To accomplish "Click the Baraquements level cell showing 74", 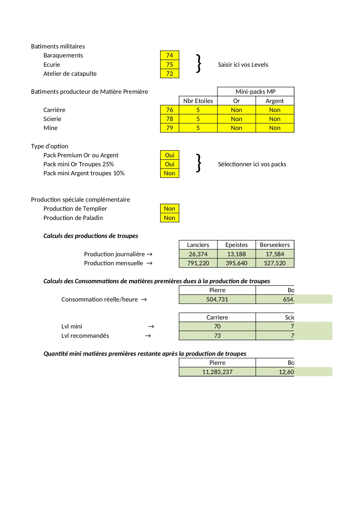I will click(x=169, y=55).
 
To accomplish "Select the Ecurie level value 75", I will click(x=169, y=64).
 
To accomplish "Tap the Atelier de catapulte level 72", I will click(x=169, y=74).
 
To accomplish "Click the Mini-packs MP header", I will click(x=256, y=92).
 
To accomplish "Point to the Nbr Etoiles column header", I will click(x=198, y=101).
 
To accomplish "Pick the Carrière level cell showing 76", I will click(x=169, y=110).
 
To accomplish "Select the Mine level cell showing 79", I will click(x=169, y=128).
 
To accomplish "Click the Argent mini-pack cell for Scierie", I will click(x=275, y=119).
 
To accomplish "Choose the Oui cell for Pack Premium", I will click(x=169, y=155).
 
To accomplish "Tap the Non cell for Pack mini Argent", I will click(x=169, y=173).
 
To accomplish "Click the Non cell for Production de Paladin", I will click(x=169, y=218).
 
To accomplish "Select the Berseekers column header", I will click(x=275, y=245).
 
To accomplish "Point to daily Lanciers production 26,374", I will click(x=198, y=254).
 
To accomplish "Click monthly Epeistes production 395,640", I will click(x=236, y=263).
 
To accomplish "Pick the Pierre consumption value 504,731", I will click(x=217, y=299).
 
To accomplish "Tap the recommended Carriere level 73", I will click(x=217, y=336).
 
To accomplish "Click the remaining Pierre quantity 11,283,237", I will click(x=217, y=372).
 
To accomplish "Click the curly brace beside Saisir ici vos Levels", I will click(x=199, y=63).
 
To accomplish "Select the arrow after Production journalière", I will click(x=149, y=254).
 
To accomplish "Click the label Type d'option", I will click(x=50, y=146).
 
